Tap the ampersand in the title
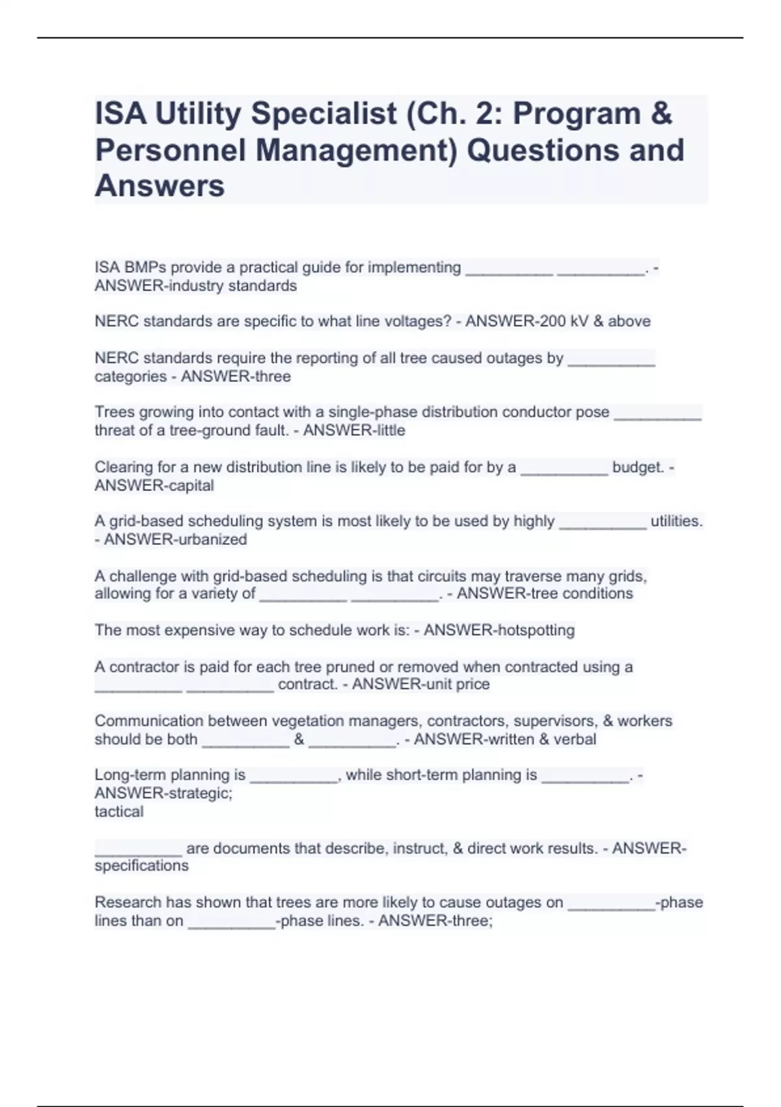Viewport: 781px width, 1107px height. click(x=661, y=114)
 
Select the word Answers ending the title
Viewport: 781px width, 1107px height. click(x=159, y=186)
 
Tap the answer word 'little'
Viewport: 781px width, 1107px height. click(x=387, y=430)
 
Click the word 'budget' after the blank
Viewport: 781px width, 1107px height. click(x=637, y=468)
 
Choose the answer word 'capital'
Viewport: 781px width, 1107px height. click(x=191, y=486)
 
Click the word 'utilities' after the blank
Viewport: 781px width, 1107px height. click(x=676, y=522)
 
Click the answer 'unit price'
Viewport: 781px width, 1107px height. click(x=455, y=684)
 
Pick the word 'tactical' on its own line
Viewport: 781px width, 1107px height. click(x=119, y=812)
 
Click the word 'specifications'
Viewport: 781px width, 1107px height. click(x=141, y=866)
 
